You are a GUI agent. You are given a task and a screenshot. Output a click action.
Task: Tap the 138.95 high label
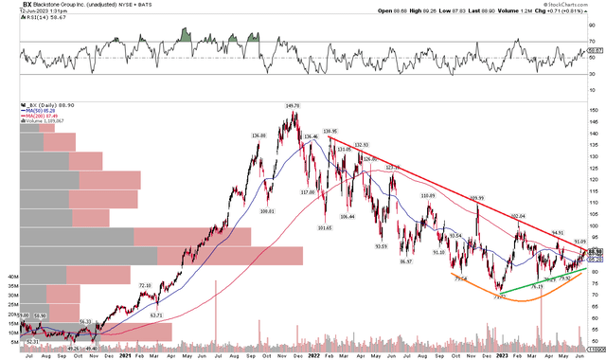pyautogui.click(x=330, y=131)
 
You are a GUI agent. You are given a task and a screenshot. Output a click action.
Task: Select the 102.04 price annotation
pyautogui.click(x=517, y=217)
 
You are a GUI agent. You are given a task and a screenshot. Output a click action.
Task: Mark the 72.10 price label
pyautogui.click(x=145, y=285)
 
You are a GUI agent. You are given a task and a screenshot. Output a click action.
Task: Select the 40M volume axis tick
pyautogui.click(x=14, y=277)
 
